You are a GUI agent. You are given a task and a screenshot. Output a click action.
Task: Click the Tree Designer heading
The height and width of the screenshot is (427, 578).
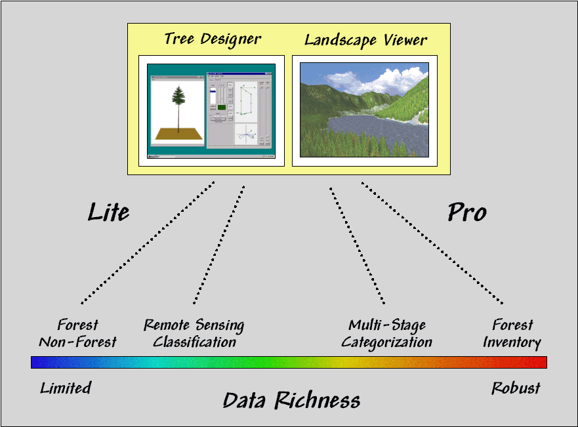[x=212, y=39]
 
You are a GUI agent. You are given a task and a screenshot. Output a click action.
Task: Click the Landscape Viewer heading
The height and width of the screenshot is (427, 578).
[x=365, y=40]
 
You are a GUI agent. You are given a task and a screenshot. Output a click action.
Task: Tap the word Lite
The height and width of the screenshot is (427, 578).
[x=108, y=212]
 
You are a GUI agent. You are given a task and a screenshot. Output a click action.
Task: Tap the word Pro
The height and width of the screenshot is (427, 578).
[x=466, y=213]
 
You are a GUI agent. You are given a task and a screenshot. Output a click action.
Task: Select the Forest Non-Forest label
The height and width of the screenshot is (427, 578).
[x=77, y=333]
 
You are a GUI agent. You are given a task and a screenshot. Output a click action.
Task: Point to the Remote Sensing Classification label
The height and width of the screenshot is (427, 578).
[x=194, y=333]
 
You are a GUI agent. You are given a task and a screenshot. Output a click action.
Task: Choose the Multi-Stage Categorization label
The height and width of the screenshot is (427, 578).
[x=387, y=333]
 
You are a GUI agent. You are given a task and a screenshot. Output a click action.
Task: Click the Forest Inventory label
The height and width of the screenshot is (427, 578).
[x=512, y=333]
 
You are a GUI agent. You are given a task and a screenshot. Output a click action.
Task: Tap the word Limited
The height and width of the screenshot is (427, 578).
[x=66, y=388]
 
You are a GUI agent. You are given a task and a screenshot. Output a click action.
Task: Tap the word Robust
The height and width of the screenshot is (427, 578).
[x=516, y=388]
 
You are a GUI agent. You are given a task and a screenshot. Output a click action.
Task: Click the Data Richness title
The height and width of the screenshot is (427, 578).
[x=291, y=400]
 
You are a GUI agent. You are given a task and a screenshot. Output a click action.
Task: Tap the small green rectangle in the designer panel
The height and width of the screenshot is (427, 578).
[x=222, y=107]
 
